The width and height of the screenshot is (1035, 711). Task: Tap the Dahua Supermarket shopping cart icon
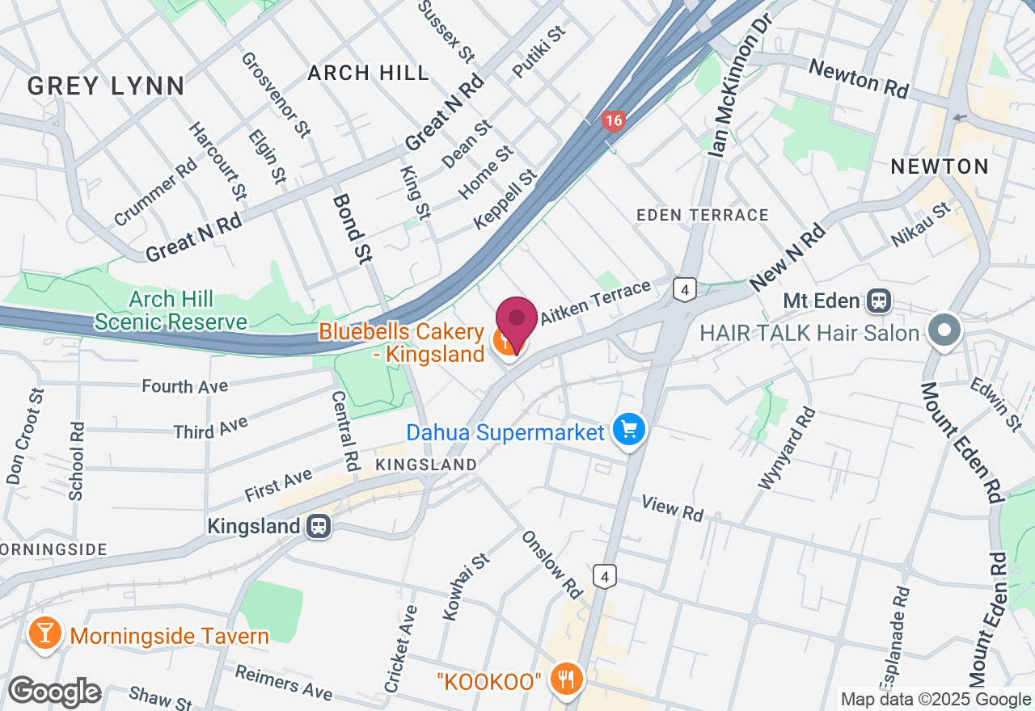click(630, 430)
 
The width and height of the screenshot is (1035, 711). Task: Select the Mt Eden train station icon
click(877, 301)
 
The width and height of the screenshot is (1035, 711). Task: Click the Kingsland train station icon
click(319, 527)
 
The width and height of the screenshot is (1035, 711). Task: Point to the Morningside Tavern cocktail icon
click(44, 634)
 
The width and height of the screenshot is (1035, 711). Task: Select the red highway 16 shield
click(614, 122)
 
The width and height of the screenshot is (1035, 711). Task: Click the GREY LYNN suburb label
click(106, 86)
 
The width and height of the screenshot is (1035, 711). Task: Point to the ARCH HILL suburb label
click(369, 74)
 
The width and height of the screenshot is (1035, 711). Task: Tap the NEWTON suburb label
click(940, 167)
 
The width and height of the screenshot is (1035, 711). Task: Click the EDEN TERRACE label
click(703, 215)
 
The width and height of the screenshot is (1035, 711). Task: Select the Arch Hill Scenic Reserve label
click(171, 311)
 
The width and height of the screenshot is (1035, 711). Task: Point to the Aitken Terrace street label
click(595, 304)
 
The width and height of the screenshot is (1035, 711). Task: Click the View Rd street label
click(673, 508)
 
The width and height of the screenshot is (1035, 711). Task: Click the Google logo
click(54, 692)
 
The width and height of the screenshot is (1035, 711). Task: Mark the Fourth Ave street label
click(185, 386)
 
